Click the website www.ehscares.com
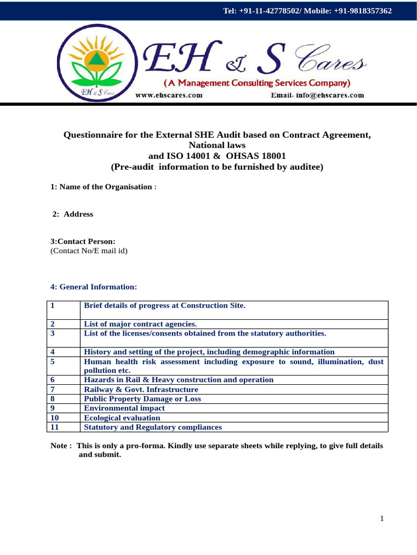coord(168,95)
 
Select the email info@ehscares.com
coord(317,95)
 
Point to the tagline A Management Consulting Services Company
coord(257,83)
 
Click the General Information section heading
coord(94,286)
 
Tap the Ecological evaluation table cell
coord(122,418)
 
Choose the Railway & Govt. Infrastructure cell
coord(141,389)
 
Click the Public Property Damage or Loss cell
coord(142,399)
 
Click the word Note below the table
coord(60,446)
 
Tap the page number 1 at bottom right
coord(382,519)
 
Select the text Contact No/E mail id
coord(89,251)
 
